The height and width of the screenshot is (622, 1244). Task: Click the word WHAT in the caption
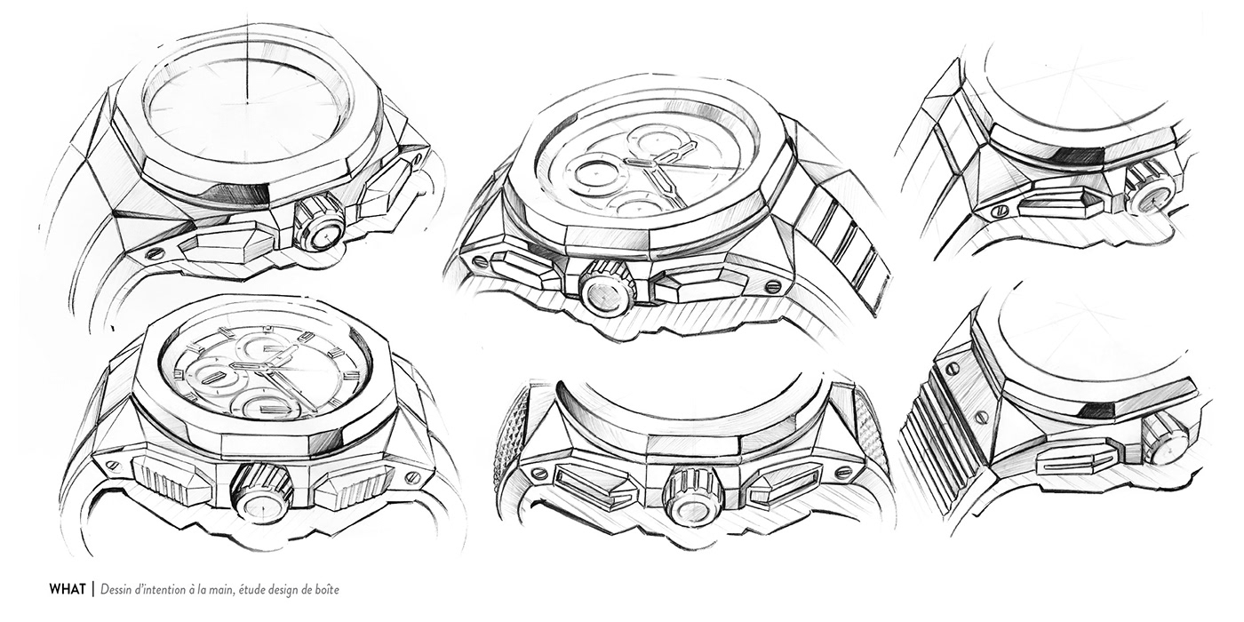(67, 589)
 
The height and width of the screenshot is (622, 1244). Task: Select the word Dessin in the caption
(119, 589)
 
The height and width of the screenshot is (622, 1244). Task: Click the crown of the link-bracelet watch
(607, 288)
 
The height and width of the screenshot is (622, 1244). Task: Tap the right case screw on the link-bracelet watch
(772, 286)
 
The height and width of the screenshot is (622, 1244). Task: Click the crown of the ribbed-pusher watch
(263, 493)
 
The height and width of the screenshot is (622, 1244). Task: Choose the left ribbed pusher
(171, 481)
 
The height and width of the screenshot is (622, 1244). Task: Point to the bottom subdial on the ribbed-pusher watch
(263, 405)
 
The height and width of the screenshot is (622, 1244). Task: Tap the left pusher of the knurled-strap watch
(596, 485)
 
